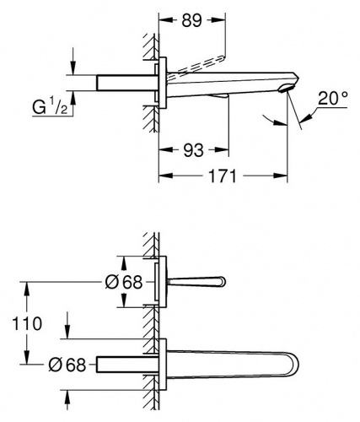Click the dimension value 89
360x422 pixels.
(191, 20)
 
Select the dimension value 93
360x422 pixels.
(193, 150)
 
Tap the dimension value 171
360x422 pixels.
(223, 176)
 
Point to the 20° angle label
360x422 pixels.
(333, 98)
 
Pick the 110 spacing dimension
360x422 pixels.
(27, 323)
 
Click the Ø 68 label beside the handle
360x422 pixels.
(124, 282)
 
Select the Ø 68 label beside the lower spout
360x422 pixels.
(67, 365)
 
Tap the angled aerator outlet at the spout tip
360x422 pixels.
(286, 89)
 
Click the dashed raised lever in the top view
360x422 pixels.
(196, 66)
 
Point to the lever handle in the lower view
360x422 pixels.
(196, 282)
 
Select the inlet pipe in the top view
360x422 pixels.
(127, 83)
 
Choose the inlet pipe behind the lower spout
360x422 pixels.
(127, 365)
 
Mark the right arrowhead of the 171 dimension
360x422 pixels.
(280, 176)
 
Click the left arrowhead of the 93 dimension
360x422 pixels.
(166, 150)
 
